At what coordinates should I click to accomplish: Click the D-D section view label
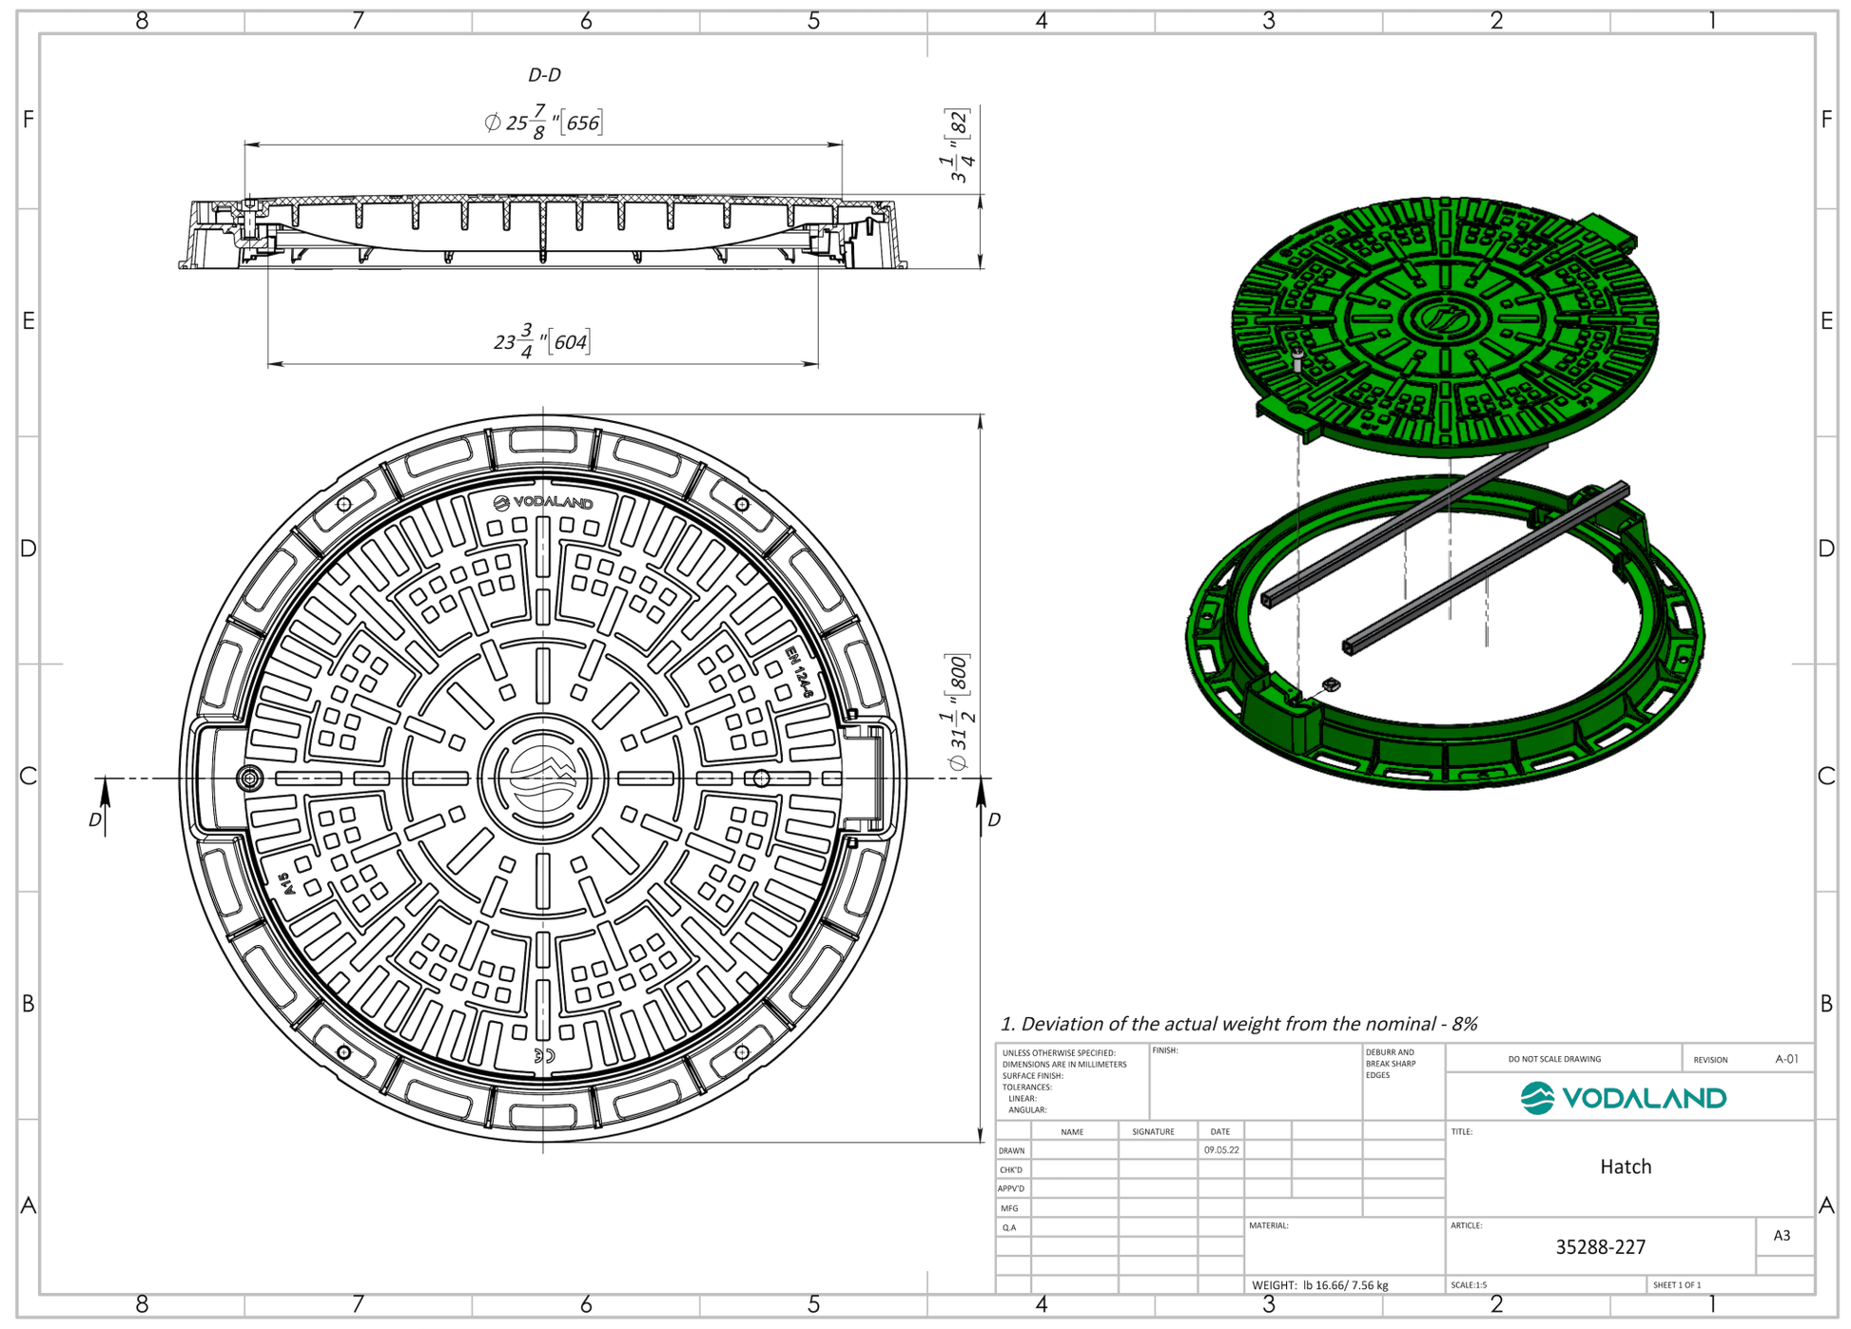[544, 74]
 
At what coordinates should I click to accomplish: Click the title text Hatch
[1625, 1166]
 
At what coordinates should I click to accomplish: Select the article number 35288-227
[1600, 1246]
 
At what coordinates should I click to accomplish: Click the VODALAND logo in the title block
[1623, 1098]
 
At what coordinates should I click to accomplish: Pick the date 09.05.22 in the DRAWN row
[1220, 1149]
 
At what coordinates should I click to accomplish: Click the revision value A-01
[1786, 1058]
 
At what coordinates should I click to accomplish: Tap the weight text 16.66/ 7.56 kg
[1345, 1285]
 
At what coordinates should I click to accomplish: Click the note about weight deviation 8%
[1238, 1024]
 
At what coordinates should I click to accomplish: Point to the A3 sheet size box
[1782, 1236]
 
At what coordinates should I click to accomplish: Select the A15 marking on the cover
[286, 884]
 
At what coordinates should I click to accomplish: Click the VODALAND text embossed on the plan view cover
[544, 503]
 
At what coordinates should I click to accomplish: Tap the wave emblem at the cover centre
[542, 778]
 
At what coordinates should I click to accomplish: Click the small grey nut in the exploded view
[1331, 684]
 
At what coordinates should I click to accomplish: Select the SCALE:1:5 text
[1469, 1285]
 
